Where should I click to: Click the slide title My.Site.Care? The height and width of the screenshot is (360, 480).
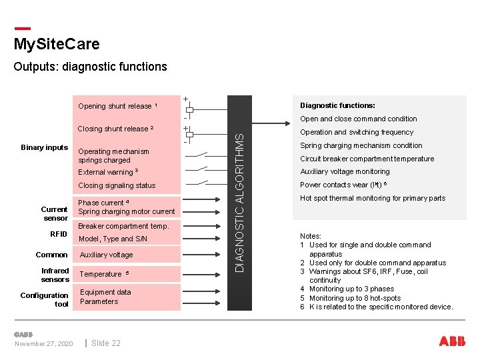coord(57,45)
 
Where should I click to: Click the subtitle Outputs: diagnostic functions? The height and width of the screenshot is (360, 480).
coord(90,67)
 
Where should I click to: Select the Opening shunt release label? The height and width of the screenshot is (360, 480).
coord(117,106)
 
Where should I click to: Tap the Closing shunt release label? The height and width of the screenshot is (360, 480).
coord(115,129)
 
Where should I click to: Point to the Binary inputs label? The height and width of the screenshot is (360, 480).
coord(45,147)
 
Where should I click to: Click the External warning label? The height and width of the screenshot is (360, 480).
coord(107,172)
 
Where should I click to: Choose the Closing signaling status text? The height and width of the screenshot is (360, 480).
coord(117,185)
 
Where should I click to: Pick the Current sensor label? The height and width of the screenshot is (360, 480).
coord(55,213)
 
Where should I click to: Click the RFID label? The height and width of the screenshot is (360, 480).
coord(59,234)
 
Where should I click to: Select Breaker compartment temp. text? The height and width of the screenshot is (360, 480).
coord(123,226)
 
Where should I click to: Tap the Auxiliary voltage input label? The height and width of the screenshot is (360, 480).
coord(106,255)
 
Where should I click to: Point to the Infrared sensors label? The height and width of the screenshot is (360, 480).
coord(55,275)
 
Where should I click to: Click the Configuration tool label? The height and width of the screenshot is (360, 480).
coord(45,299)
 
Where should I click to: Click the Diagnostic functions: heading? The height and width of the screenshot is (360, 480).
coord(337,105)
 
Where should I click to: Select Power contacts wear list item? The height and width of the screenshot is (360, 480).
coord(343,185)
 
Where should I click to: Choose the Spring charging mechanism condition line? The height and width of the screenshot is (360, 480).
coord(361,145)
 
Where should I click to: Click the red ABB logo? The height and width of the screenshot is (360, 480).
coord(452,341)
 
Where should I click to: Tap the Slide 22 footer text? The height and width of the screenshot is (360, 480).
coord(106,343)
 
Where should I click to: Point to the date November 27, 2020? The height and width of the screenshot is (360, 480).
coord(44,343)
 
